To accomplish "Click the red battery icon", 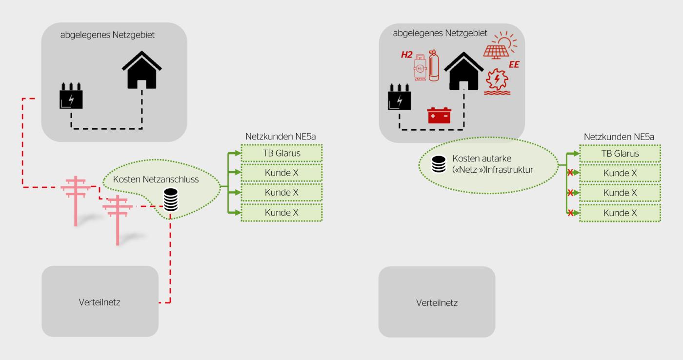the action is [439, 115].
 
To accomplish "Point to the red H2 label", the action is [406, 55].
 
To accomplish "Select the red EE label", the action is [514, 64].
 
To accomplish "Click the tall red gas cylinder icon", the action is [434, 65].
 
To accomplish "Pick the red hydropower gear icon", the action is [497, 81].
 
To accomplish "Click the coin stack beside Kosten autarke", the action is [439, 164].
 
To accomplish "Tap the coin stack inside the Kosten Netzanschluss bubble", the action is [171, 200].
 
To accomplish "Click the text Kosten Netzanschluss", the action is [156, 179].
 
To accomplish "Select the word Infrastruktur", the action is [509, 169].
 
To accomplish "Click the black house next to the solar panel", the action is [463, 71].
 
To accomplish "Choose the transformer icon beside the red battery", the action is [399, 97].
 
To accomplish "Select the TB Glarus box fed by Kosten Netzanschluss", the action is [281, 153].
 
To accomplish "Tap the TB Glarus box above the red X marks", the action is [620, 153].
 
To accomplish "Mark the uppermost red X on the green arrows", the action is [570, 173].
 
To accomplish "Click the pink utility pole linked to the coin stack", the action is [118, 220].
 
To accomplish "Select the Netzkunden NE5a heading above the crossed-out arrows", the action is [619, 137].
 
